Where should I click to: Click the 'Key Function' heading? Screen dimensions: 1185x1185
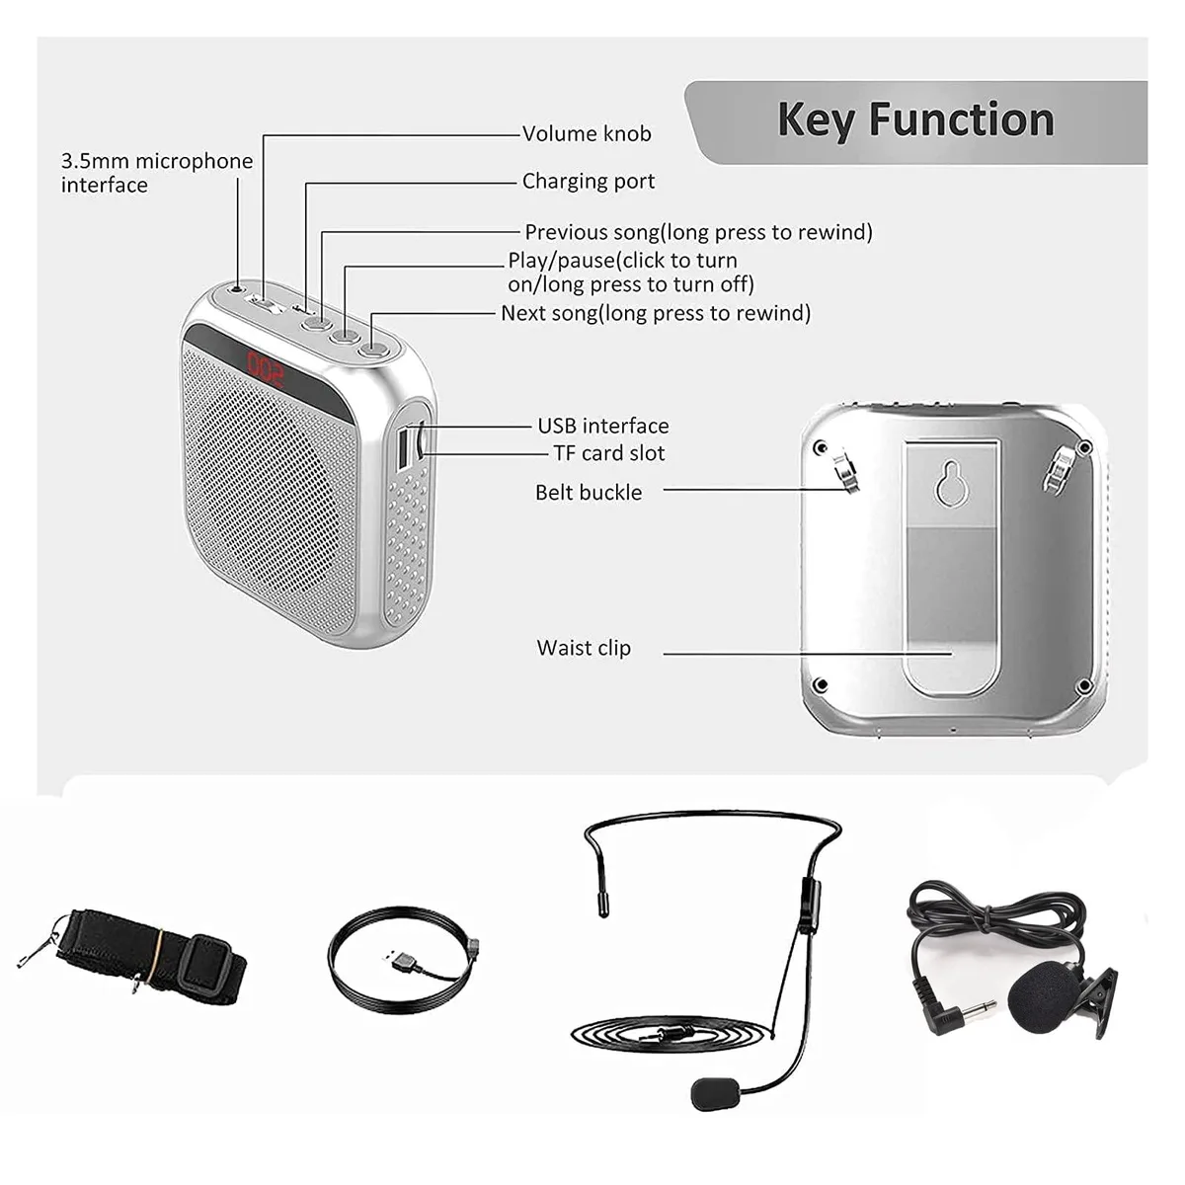coord(915,121)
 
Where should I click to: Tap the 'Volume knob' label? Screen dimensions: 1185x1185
coord(587,133)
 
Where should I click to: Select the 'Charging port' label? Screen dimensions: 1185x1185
coord(589,182)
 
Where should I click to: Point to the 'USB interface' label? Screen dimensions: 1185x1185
coord(603,426)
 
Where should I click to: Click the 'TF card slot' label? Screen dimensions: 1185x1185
coord(609,453)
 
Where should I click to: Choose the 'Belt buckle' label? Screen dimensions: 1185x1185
coord(589,493)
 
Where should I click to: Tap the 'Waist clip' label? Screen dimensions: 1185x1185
coord(584,648)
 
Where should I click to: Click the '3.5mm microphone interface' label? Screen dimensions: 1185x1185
coord(157,173)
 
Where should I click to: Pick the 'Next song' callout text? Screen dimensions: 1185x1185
coord(656,313)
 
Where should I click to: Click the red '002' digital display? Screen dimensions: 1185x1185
coord(265,367)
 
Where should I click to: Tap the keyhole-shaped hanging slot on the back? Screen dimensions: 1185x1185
coord(951,482)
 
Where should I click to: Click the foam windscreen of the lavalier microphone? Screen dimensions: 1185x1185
coord(1040,998)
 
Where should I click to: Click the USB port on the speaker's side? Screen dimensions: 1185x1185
coord(404,450)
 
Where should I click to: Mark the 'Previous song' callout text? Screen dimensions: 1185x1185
coord(698,232)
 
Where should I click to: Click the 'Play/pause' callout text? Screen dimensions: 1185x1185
coord(630,273)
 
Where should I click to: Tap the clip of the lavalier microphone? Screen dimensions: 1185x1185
coord(1097,1001)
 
